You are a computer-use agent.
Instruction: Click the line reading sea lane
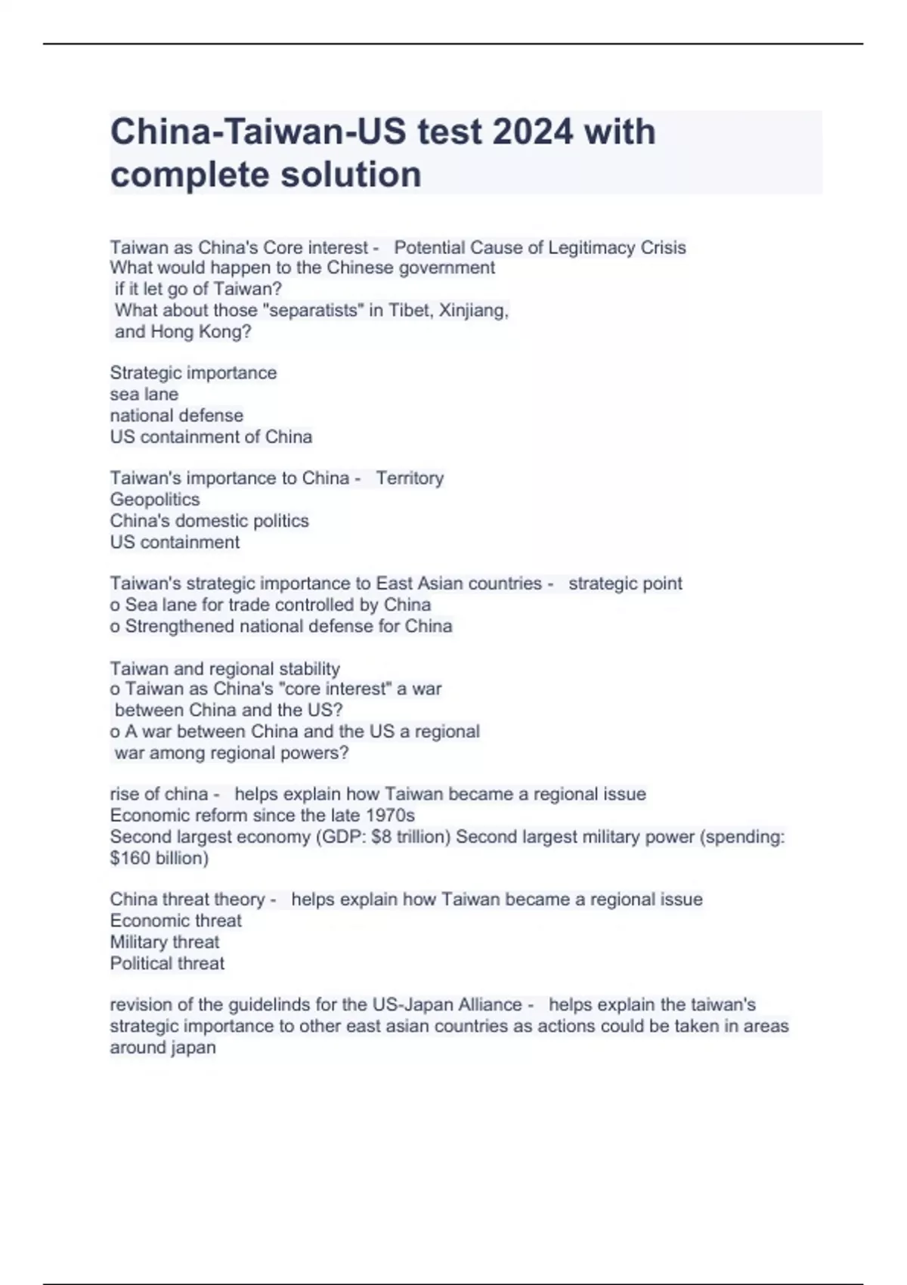click(x=144, y=395)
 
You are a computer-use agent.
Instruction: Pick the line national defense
click(x=177, y=416)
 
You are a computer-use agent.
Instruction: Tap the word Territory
click(x=410, y=478)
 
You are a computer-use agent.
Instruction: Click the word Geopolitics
click(x=155, y=500)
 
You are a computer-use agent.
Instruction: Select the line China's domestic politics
click(x=209, y=521)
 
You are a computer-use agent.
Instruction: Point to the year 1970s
click(x=390, y=816)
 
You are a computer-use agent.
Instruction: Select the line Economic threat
click(x=176, y=921)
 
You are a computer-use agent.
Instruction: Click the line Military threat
click(x=165, y=943)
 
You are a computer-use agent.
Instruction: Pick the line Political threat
click(x=167, y=964)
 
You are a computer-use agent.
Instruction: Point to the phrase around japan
click(x=163, y=1048)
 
